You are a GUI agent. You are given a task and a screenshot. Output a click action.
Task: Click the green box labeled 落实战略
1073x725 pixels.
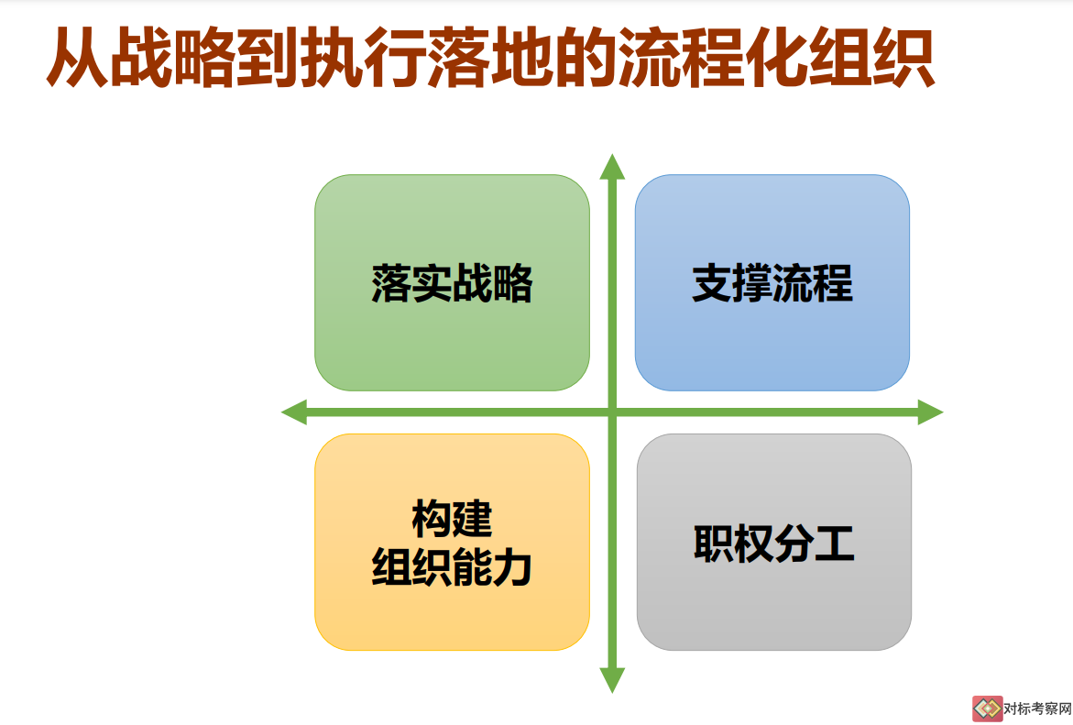click(x=452, y=282)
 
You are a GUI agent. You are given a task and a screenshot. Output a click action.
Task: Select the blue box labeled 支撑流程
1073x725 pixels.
click(x=772, y=282)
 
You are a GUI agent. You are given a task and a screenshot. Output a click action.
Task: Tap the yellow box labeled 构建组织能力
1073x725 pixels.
click(x=452, y=542)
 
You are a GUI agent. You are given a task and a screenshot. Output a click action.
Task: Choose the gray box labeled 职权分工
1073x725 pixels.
click(x=774, y=542)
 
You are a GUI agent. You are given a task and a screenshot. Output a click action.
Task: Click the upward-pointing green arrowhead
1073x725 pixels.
click(x=612, y=168)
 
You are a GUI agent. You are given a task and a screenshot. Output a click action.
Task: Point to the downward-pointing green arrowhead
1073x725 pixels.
click(x=612, y=680)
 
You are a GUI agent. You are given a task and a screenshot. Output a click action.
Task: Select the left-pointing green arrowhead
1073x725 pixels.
click(x=294, y=412)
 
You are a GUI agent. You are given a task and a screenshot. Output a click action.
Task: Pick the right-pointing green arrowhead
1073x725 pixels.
click(x=931, y=412)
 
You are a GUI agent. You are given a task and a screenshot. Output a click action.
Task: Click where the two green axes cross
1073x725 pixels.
click(x=612, y=412)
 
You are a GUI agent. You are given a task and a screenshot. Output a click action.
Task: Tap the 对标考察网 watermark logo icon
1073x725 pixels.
click(x=988, y=709)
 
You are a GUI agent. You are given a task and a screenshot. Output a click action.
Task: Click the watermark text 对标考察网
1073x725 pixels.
click(x=1037, y=709)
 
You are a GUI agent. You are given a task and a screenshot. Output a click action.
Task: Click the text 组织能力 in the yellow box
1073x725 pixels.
click(x=452, y=567)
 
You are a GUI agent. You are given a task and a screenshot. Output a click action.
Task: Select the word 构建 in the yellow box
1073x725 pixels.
click(x=452, y=519)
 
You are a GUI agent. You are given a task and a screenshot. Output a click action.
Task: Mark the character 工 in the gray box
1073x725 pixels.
click(x=834, y=544)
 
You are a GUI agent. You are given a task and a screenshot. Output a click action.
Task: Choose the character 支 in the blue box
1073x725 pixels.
click(x=712, y=283)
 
